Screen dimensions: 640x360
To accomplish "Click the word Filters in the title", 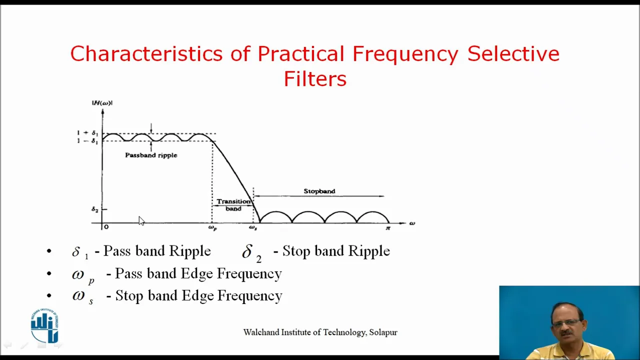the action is point(315,78).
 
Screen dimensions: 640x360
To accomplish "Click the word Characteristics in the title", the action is point(146,53).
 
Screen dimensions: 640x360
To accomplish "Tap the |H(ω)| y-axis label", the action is point(102,103).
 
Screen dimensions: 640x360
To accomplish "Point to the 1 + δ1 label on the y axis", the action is point(87,133).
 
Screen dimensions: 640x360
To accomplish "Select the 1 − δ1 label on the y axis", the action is point(87,141).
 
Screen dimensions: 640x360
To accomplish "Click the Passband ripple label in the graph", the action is point(151,155).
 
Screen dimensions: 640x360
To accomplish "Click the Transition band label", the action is point(233,205).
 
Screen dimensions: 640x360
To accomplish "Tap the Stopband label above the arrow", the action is point(319,191).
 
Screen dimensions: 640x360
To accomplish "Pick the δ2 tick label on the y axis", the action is point(95,209).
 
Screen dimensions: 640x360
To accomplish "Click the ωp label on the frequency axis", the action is point(212,227).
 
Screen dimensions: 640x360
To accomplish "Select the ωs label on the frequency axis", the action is point(253,227).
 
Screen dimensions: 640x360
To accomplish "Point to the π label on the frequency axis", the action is point(387,227).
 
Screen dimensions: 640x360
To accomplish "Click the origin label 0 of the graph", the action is point(106,227).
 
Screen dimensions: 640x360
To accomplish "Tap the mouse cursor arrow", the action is point(141,221).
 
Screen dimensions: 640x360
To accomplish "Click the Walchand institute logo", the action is point(45,325).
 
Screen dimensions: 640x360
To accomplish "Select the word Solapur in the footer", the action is point(383,332).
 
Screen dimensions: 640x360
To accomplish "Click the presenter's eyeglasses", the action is point(567,323).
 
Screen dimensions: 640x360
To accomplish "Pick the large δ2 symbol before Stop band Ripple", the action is point(251,253).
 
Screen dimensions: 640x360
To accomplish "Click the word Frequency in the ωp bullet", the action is point(249,273).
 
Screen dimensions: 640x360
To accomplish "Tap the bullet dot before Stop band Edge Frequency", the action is point(49,295).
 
